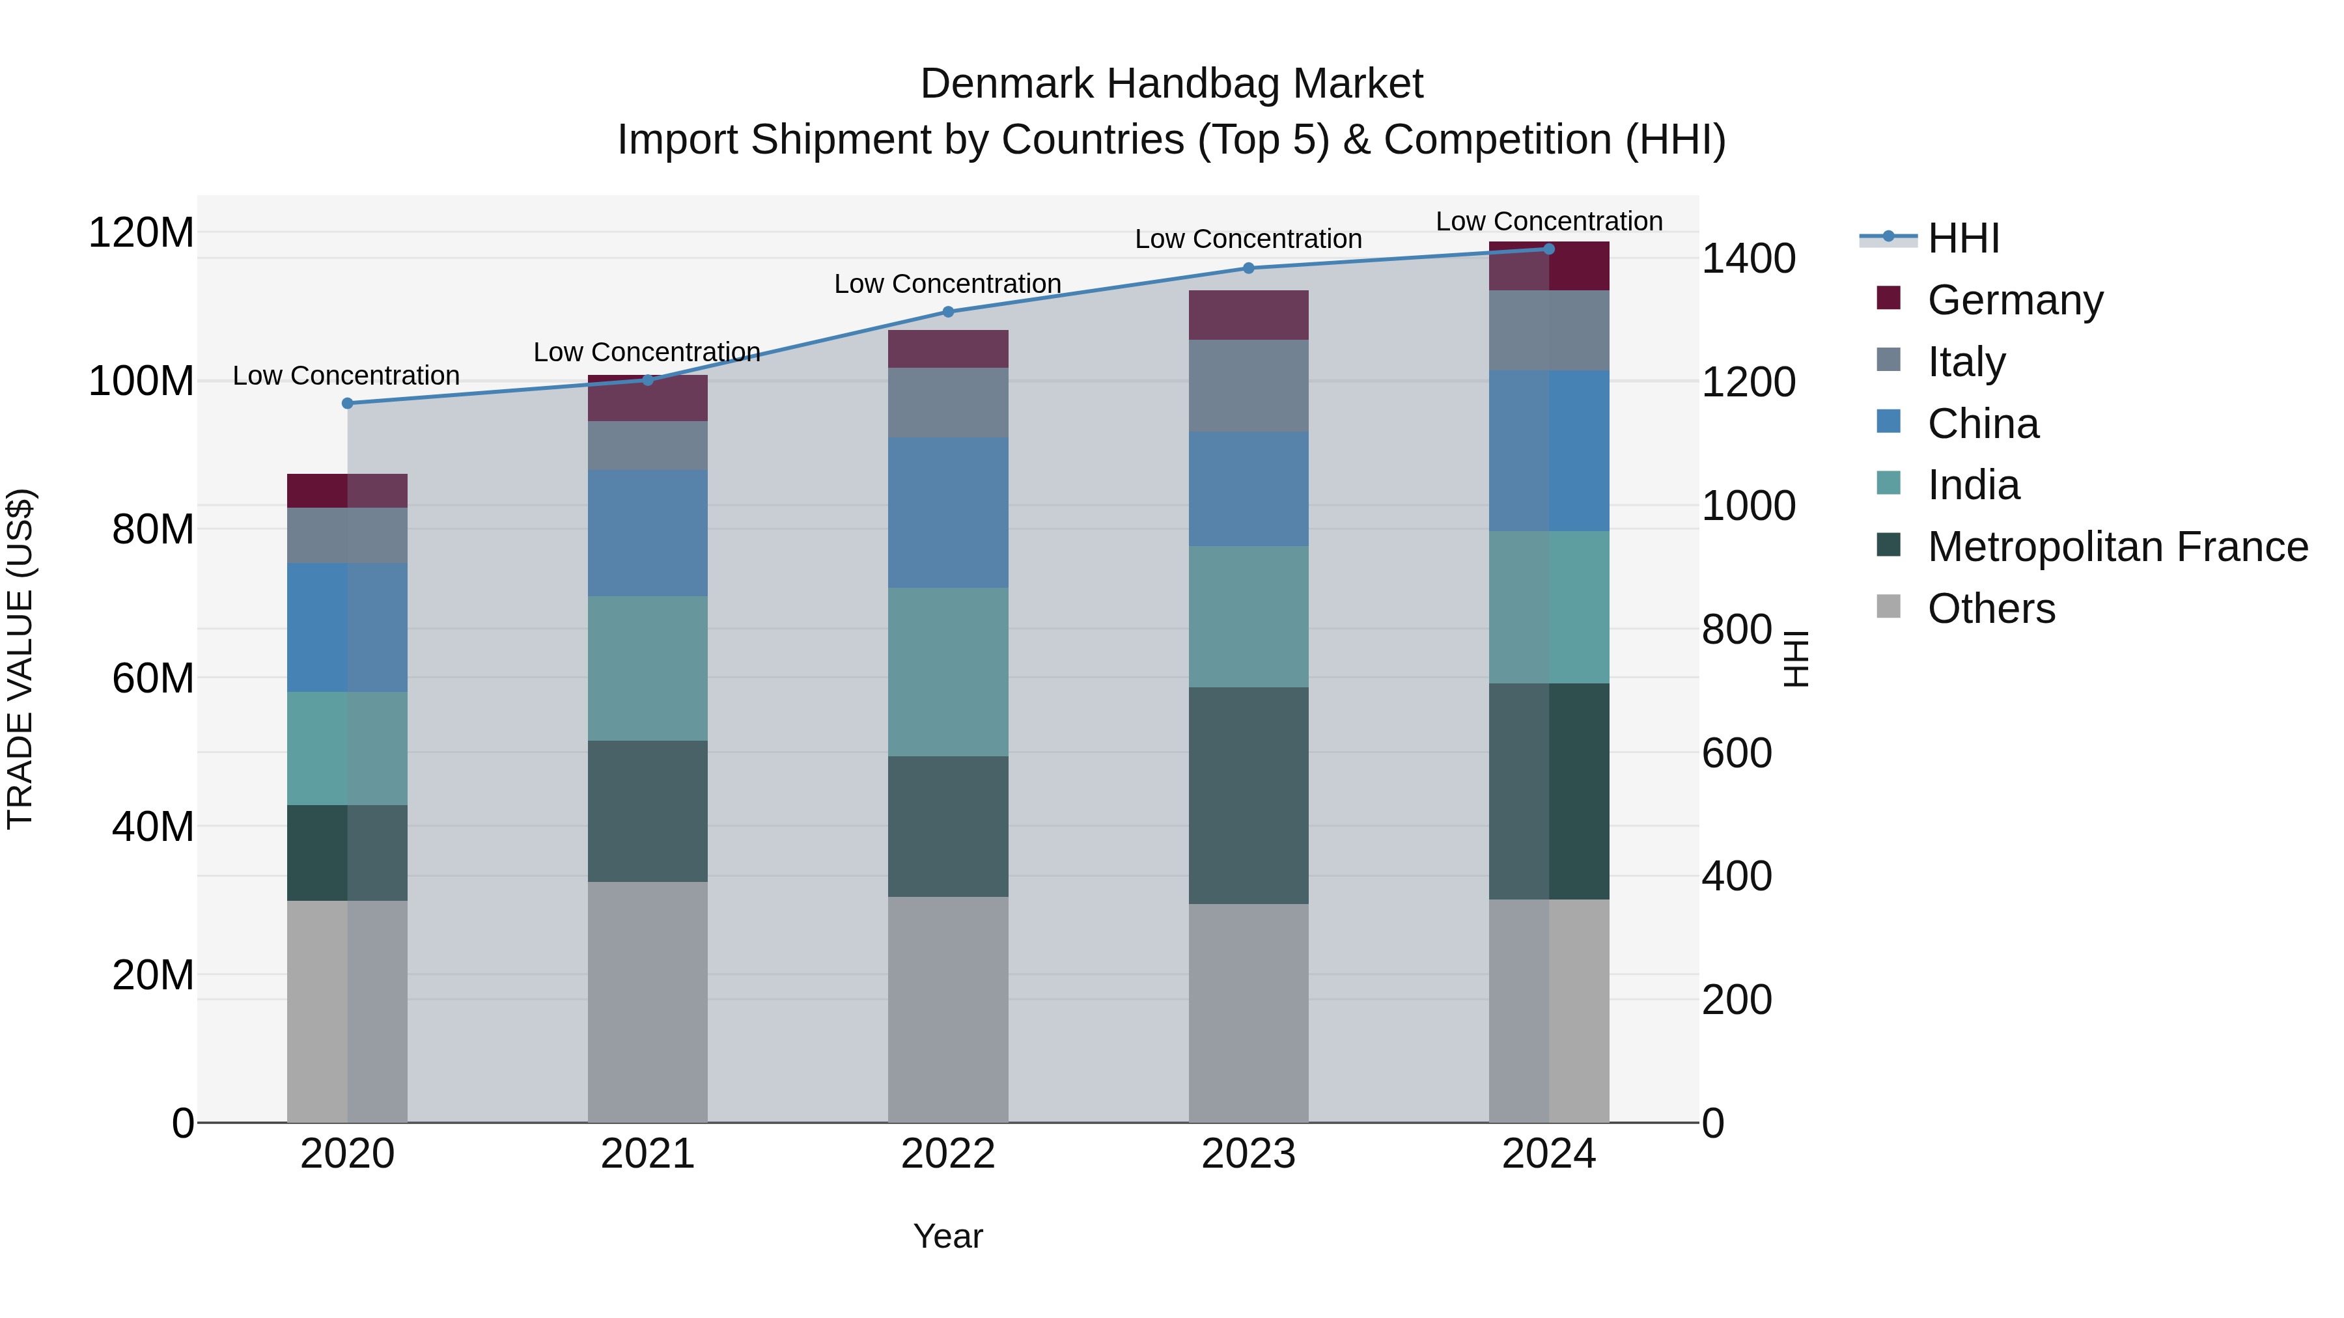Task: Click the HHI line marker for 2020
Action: click(x=346, y=403)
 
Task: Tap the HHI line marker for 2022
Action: click(x=947, y=312)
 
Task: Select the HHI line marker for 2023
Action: click(x=1248, y=268)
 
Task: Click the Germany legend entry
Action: click(x=2014, y=300)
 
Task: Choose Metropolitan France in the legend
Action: click(x=2117, y=547)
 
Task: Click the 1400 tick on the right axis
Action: click(x=1748, y=259)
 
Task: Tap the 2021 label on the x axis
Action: click(x=647, y=1154)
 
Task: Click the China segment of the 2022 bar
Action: click(x=947, y=513)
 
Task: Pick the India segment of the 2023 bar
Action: click(x=1248, y=617)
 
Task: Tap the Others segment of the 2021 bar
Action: click(x=647, y=1002)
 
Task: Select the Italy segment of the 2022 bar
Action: click(x=947, y=403)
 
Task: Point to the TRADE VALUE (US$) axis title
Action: click(x=20, y=659)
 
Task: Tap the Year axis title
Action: click(x=947, y=1236)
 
